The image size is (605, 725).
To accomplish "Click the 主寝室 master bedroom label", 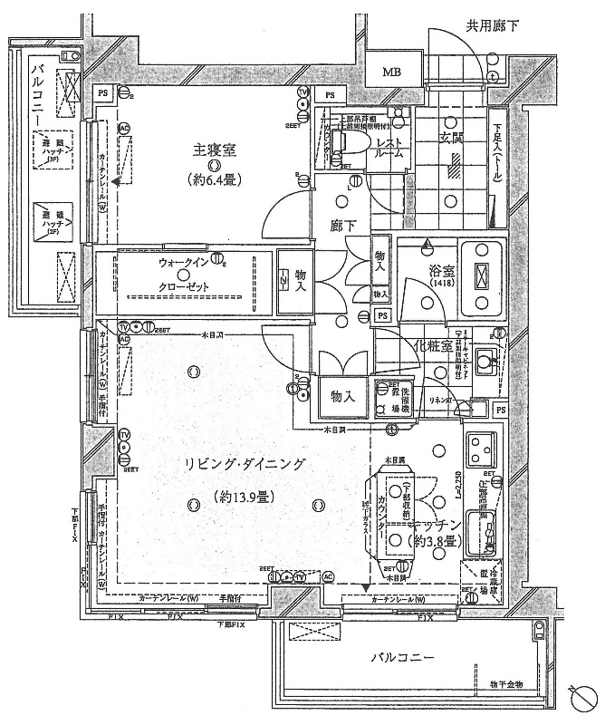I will click(x=214, y=150).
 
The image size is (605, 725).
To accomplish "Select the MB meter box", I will click(x=391, y=72).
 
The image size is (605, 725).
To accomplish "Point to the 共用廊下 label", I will click(x=493, y=26).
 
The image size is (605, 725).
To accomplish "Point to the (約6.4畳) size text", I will click(x=214, y=179).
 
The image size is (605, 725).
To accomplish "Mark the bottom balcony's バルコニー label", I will click(x=402, y=657).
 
